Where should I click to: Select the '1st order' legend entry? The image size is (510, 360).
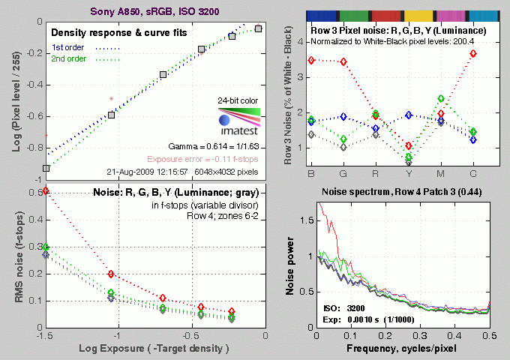(x=68, y=48)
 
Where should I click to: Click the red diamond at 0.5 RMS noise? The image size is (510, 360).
(x=46, y=190)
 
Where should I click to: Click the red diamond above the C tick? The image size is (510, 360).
(x=493, y=53)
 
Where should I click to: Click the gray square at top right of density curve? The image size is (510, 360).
(x=258, y=28)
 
